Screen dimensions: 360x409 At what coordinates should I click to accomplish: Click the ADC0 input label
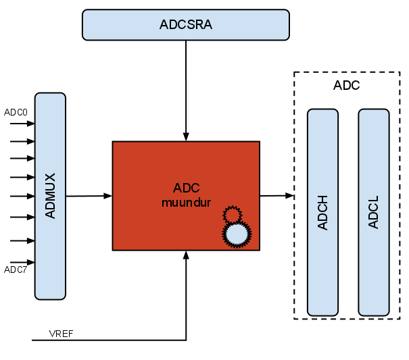pos(16,112)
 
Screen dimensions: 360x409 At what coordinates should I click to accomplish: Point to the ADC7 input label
pos(16,270)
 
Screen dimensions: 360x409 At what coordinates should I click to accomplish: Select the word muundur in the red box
pos(186,202)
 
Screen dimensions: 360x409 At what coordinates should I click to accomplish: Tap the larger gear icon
pos(236,234)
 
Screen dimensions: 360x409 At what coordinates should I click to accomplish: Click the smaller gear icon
pos(232,215)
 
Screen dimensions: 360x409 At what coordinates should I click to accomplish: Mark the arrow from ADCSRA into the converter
pos(186,88)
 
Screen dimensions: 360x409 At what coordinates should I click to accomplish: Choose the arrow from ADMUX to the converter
pos(89,196)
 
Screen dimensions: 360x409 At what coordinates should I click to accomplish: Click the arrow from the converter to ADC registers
pos(276,196)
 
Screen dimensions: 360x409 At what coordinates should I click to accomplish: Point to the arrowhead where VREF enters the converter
pos(186,255)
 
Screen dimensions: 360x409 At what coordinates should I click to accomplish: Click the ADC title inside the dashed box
pos(347,86)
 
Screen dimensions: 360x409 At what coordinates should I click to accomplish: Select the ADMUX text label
pos(50,196)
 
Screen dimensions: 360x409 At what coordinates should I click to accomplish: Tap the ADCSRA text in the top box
pos(186,25)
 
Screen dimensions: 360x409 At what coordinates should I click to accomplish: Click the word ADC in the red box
pos(186,188)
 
